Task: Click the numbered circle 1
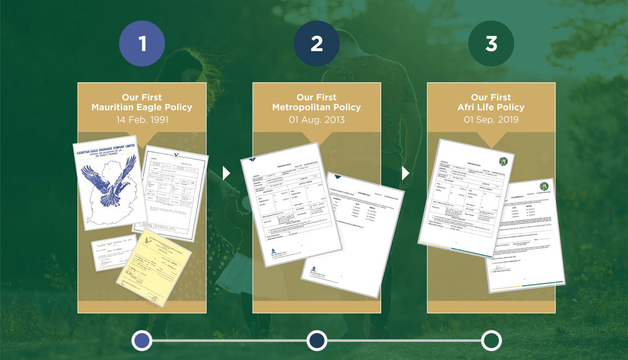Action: tap(142, 44)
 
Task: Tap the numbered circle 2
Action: tap(316, 44)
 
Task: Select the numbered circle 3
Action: tap(491, 44)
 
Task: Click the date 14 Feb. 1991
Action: tap(142, 120)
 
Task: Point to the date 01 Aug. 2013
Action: tap(316, 120)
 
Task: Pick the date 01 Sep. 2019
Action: tap(491, 120)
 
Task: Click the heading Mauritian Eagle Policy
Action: tap(142, 107)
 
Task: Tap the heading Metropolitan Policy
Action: tap(316, 107)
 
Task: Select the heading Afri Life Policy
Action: tap(491, 107)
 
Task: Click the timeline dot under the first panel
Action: tap(142, 340)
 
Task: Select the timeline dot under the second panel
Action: tap(317, 340)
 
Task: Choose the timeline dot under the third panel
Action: tap(491, 340)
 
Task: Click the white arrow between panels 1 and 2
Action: tap(226, 174)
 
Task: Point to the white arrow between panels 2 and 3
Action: tap(405, 174)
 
